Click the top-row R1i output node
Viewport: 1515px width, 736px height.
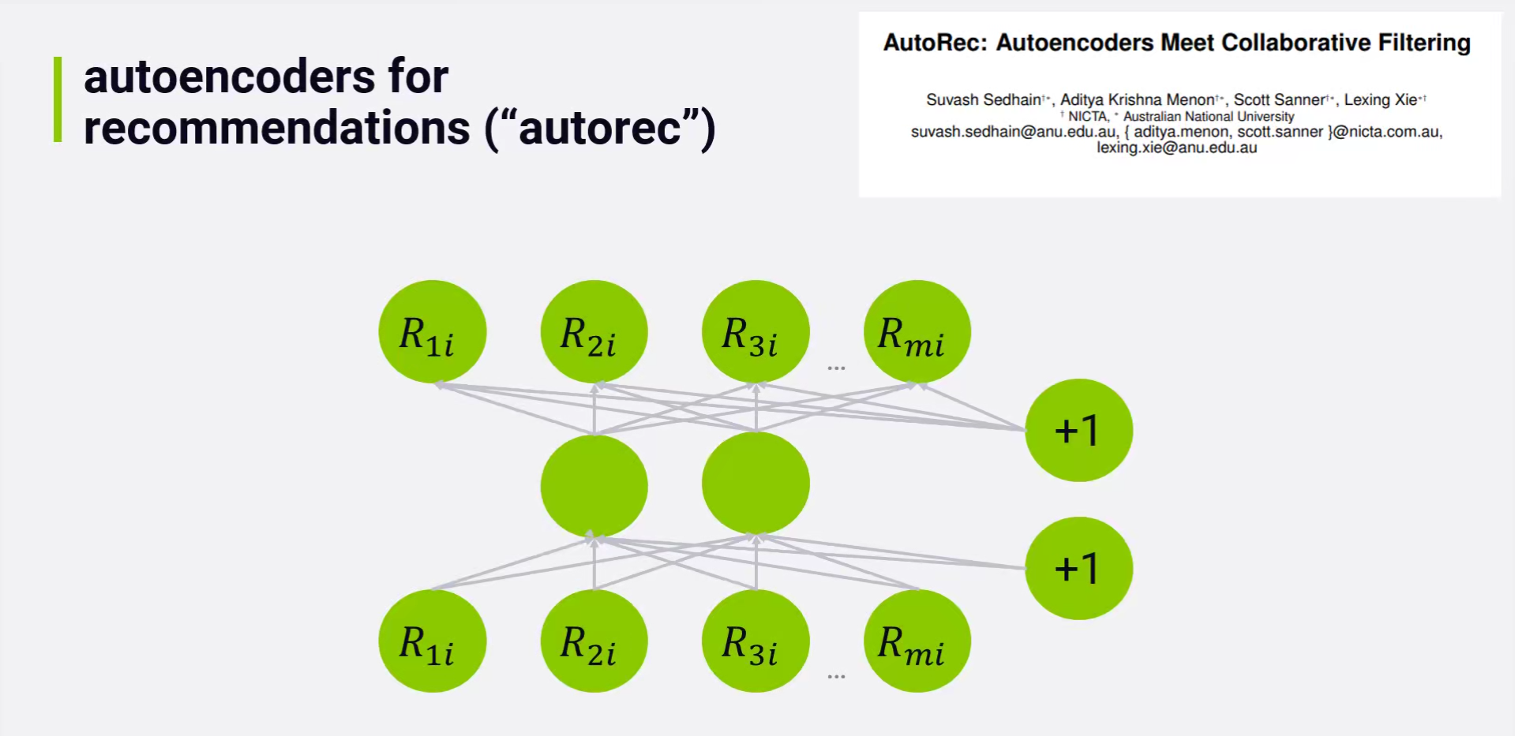pos(432,331)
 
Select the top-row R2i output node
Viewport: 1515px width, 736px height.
pos(594,331)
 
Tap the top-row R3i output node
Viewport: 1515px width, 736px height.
pos(756,331)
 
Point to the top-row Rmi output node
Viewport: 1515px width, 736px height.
pos(917,331)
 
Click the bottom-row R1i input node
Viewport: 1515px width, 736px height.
pos(432,641)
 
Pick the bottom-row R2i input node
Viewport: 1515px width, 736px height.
pos(594,641)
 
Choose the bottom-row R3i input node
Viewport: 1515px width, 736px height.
pos(756,641)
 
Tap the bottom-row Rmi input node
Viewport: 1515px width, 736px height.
pos(917,641)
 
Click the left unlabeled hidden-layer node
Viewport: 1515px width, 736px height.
pos(594,486)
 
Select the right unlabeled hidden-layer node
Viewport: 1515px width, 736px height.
pos(756,483)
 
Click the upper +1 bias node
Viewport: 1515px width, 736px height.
pos(1078,430)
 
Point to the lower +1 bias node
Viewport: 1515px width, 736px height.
pos(1078,568)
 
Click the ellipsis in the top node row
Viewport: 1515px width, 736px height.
pos(836,368)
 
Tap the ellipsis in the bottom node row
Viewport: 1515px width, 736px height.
pos(836,677)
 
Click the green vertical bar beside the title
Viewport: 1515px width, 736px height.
pos(58,99)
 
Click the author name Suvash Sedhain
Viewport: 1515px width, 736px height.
pos(984,100)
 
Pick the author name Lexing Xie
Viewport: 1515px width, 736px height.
pos(1381,100)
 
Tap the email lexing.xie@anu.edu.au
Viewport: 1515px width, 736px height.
pos(1176,148)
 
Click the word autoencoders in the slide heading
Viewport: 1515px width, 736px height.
pos(229,77)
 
